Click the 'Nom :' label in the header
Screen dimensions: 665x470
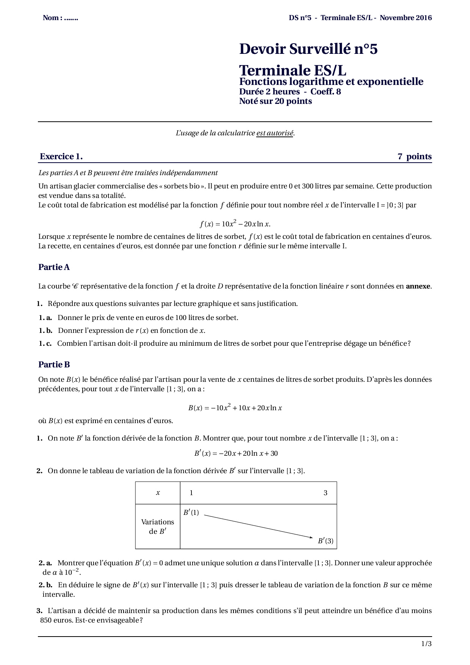point(52,18)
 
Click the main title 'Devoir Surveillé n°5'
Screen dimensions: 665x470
point(308,49)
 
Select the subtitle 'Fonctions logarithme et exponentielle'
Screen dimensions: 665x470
point(331,82)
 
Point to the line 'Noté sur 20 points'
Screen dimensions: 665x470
point(275,101)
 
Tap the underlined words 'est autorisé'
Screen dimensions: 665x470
point(275,133)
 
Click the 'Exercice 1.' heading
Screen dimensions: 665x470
point(61,157)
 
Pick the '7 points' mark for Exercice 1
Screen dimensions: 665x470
point(414,157)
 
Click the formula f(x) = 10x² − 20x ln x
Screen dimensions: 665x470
point(235,223)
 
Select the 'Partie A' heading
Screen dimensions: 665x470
point(54,267)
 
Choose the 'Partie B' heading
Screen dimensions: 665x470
point(54,365)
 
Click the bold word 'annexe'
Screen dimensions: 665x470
point(418,286)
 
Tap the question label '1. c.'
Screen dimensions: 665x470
point(45,343)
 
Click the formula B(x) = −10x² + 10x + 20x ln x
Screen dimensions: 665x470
point(235,408)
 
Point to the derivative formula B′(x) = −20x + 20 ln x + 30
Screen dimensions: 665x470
point(236,453)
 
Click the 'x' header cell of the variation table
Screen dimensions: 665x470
point(158,493)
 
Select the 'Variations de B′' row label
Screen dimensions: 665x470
point(158,527)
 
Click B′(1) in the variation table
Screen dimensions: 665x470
point(191,513)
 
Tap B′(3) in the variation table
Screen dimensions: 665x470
point(326,541)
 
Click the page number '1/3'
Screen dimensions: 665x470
point(426,644)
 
